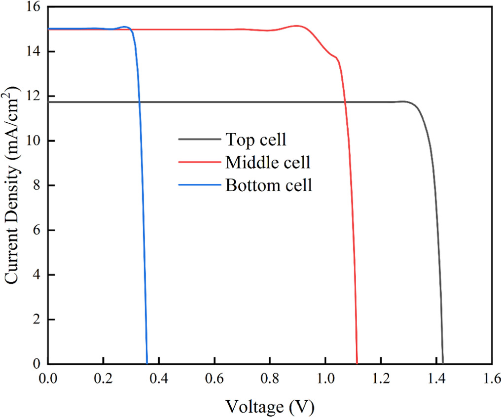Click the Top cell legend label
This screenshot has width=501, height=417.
click(255, 139)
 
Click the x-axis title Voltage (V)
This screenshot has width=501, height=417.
click(270, 406)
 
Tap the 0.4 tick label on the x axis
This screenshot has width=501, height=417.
click(159, 378)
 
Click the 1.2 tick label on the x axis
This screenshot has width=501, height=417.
click(381, 378)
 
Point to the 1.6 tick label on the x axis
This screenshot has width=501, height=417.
click(491, 378)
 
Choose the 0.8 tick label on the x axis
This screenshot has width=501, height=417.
click(270, 378)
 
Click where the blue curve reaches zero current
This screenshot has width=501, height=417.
click(147, 363)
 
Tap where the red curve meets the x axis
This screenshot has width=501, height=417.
click(357, 363)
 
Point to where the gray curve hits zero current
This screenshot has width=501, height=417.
click(443, 363)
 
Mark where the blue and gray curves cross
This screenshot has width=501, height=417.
click(139, 102)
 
